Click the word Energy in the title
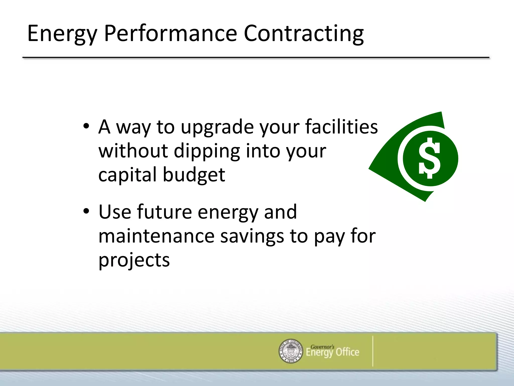[62, 34]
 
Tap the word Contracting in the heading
[304, 34]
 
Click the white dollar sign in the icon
[429, 158]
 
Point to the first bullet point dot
[86, 126]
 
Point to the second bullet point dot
[86, 211]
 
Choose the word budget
[194, 175]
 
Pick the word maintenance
[156, 236]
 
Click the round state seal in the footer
[291, 351]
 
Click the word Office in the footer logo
[347, 352]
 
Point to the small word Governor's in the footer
[322, 347]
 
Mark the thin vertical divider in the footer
[373, 351]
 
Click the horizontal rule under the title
[256, 58]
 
